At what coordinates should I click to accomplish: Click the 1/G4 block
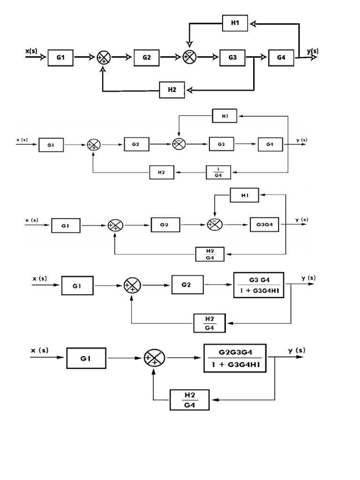(x=219, y=172)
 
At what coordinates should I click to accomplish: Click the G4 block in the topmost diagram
(x=281, y=57)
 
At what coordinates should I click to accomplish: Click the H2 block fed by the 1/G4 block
(x=162, y=172)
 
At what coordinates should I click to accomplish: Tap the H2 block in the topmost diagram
(x=172, y=89)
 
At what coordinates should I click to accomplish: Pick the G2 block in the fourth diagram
(x=187, y=285)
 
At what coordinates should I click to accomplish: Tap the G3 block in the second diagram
(x=222, y=145)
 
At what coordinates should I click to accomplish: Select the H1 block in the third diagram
(x=244, y=195)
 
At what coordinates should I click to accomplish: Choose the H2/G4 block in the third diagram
(x=210, y=254)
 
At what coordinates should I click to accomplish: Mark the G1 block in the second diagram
(x=52, y=145)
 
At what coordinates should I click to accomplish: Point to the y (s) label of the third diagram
(x=301, y=219)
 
